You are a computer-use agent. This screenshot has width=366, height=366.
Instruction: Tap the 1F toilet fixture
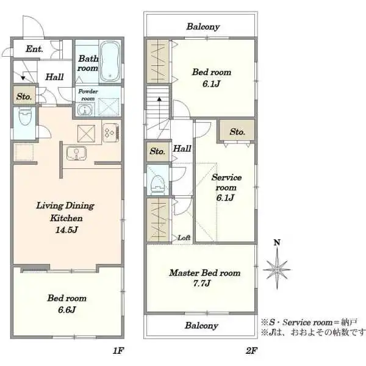(x=25, y=117)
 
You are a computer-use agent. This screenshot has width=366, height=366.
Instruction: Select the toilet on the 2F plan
(x=158, y=185)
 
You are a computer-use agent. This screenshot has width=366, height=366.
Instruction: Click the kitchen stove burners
(x=110, y=132)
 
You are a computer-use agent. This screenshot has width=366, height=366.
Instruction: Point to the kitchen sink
(x=76, y=153)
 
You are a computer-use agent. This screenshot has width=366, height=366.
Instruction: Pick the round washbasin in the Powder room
(x=85, y=110)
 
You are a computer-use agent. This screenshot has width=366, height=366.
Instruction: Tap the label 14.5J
(x=66, y=230)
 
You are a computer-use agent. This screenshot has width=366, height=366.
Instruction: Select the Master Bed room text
(x=205, y=273)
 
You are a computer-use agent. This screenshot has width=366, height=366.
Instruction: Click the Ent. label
(x=34, y=49)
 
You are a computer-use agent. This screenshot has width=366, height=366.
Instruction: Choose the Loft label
(x=184, y=238)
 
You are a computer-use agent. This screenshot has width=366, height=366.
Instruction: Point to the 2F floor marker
(x=251, y=350)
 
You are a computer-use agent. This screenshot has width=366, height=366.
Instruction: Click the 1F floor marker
(x=118, y=350)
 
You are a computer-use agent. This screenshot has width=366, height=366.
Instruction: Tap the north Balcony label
(x=203, y=27)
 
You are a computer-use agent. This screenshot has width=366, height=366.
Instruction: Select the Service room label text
(x=226, y=182)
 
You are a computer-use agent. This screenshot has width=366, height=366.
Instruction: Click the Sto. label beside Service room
(x=237, y=132)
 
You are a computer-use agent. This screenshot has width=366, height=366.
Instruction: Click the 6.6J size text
(x=66, y=310)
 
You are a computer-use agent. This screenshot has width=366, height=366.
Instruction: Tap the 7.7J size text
(x=202, y=283)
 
